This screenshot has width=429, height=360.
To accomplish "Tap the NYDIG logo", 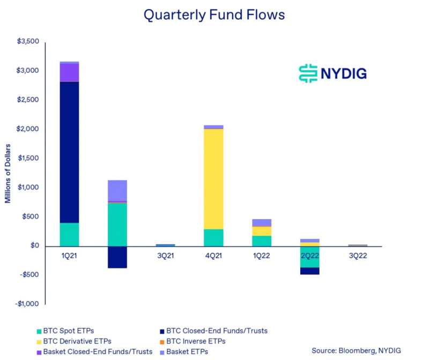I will (332, 73).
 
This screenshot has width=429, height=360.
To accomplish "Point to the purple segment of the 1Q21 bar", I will (69, 72).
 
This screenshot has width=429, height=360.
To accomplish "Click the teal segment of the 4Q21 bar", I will (214, 238).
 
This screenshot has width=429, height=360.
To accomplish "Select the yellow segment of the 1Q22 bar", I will (262, 231).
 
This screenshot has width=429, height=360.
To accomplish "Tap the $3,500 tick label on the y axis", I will (28, 42).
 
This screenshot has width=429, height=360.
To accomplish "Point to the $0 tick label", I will (34, 246).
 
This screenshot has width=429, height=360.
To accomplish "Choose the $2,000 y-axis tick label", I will (28, 129).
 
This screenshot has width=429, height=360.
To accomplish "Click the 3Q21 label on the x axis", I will (165, 256).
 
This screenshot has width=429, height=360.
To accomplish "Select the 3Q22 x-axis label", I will (358, 256).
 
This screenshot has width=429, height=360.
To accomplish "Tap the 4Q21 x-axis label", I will (213, 256).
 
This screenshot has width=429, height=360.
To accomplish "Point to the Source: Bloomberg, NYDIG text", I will (356, 350).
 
